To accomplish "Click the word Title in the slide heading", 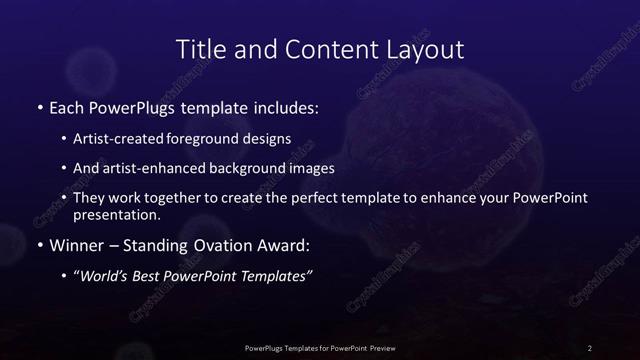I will click(199, 49).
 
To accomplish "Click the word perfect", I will click(324, 198).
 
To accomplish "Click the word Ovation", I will click(221, 245).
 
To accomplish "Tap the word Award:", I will click(281, 245).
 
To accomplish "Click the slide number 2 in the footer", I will click(590, 347).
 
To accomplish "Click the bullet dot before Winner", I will click(39, 245).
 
